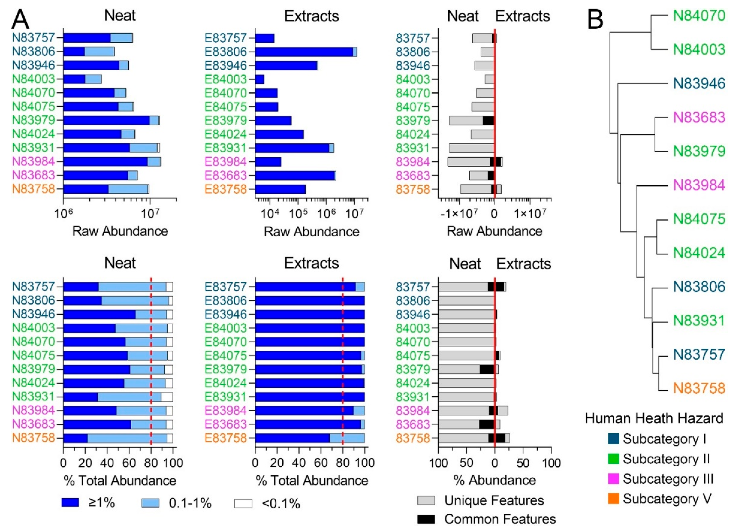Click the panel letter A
point(20,19)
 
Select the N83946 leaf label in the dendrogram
point(699,84)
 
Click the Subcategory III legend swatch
point(614,478)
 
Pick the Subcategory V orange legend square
point(614,499)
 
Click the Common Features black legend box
point(426,519)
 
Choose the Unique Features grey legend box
point(426,500)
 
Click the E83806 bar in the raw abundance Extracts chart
point(304,52)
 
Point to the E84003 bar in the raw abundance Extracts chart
point(260,79)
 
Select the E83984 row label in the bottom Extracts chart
point(226,411)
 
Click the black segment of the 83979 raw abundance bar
point(488,121)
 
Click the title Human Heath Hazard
point(654,419)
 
